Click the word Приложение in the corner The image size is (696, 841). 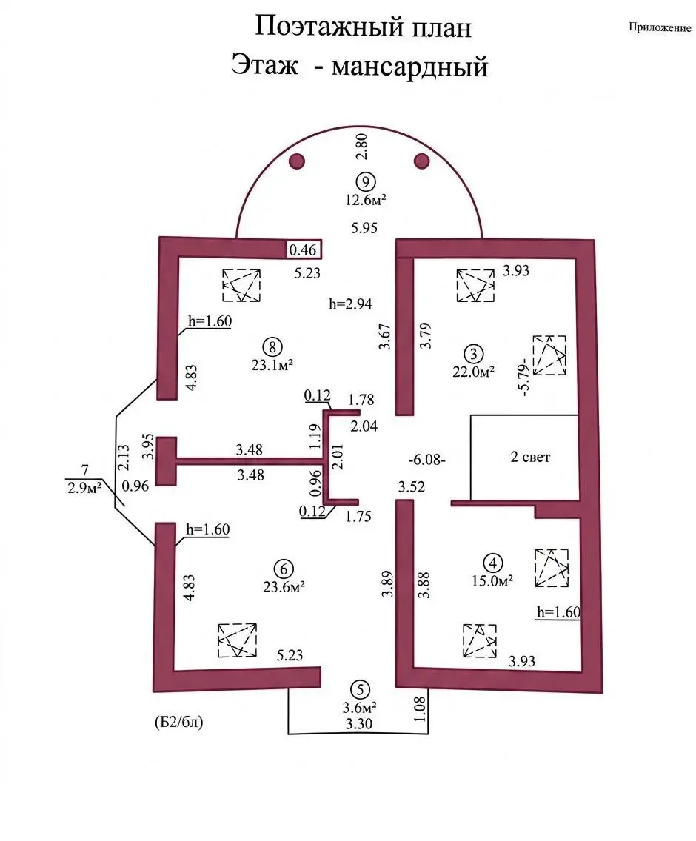pyautogui.click(x=659, y=28)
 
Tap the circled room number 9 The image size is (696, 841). pyautogui.click(x=365, y=181)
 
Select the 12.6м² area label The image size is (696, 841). pyautogui.click(x=365, y=199)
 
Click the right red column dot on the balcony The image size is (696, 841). pyautogui.click(x=422, y=161)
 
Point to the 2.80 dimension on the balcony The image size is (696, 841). pyautogui.click(x=361, y=147)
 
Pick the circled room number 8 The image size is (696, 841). pyautogui.click(x=273, y=345)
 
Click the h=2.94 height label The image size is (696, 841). pyautogui.click(x=349, y=302)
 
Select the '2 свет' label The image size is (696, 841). pyautogui.click(x=531, y=458)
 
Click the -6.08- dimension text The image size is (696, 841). pyautogui.click(x=426, y=460)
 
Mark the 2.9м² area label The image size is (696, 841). pyautogui.click(x=83, y=486)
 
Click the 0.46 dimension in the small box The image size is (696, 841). pyautogui.click(x=301, y=250)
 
